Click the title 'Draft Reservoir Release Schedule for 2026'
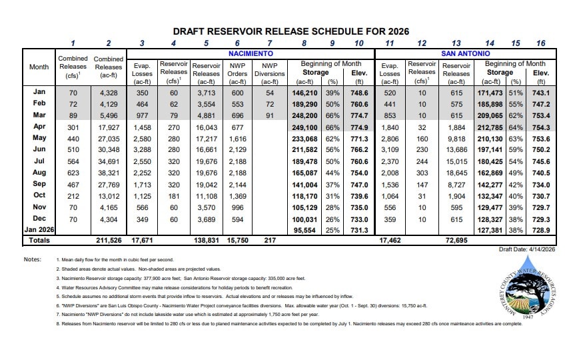pyautogui.click(x=290, y=31)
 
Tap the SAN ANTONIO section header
pyautogui.click(x=465, y=53)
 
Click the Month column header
pyautogui.click(x=39, y=67)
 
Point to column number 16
pyautogui.click(x=540, y=43)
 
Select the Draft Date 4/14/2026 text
pyautogui.click(x=526, y=249)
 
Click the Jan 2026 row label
pyautogui.click(x=39, y=228)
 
